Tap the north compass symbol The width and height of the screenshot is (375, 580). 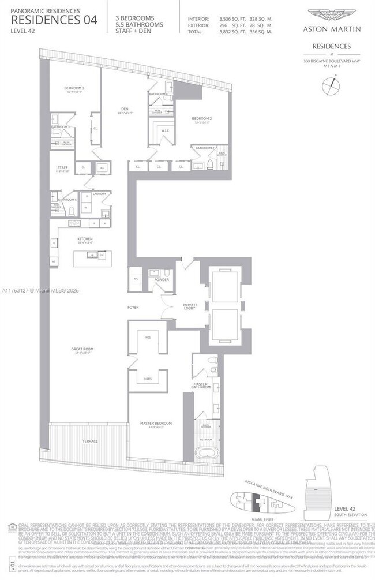331,86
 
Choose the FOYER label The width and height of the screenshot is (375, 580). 133,307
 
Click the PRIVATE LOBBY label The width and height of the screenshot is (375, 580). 190,306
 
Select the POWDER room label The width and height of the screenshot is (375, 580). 162,280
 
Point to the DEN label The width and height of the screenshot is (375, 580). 124,108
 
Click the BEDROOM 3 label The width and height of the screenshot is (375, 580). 74,88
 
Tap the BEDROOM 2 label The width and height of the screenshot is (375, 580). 202,119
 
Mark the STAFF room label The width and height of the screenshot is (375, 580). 62,169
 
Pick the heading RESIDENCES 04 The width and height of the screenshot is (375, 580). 54,20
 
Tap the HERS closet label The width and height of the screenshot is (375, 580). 148,379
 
